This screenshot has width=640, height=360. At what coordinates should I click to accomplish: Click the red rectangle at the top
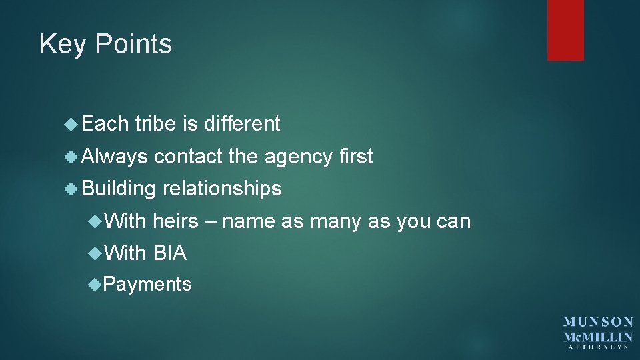tap(565, 30)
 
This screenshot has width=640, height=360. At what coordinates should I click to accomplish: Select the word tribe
tap(155, 123)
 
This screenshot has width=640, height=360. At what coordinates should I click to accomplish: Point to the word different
tap(241, 123)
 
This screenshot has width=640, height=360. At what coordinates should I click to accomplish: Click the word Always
tap(115, 157)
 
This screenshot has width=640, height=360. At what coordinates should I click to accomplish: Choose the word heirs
tap(176, 221)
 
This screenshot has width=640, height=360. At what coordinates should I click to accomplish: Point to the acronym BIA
tap(170, 253)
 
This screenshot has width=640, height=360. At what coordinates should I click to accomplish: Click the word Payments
tap(147, 285)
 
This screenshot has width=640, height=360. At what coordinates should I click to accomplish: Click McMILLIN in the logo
tap(598, 337)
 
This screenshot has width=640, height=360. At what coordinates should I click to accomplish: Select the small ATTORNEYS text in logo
tap(598, 347)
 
